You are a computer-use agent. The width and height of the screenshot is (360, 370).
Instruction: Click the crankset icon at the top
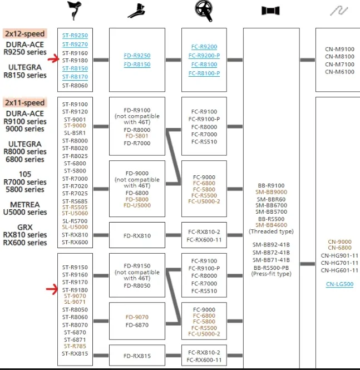204,11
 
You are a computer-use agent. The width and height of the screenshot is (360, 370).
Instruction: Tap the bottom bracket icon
270,11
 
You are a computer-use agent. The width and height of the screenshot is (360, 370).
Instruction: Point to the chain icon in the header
339,11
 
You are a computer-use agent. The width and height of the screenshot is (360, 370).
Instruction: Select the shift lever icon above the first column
75,11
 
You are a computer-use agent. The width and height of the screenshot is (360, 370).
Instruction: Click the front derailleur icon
137,11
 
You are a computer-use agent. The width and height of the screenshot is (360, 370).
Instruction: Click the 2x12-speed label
25,33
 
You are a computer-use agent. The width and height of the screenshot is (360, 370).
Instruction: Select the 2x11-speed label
25,102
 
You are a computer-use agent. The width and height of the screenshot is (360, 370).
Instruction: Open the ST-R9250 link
75,36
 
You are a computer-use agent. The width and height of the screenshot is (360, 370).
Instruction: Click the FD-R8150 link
137,65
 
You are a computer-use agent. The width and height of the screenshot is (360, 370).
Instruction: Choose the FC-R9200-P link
204,56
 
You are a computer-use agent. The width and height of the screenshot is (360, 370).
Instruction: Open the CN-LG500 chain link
339,284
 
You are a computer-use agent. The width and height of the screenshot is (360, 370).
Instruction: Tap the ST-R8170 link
75,77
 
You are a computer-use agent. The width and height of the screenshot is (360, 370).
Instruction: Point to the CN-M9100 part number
339,49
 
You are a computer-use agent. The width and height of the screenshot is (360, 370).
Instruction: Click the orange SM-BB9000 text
271,192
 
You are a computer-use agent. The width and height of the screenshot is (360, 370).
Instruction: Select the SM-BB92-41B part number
271,245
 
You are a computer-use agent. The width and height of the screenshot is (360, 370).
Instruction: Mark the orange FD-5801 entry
137,136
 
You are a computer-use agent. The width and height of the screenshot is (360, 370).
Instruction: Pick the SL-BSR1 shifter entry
75,133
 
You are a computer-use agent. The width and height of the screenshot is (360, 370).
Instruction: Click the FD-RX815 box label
137,356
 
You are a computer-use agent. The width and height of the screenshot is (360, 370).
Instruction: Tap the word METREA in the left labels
25,204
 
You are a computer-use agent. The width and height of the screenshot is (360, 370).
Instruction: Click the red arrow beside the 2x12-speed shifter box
53,59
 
